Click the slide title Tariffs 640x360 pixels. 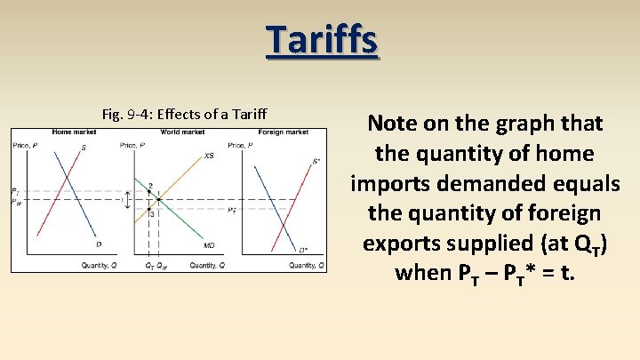tap(321, 40)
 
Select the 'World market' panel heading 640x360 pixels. tap(182, 132)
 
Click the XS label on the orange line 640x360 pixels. tap(209, 156)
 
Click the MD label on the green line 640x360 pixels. tap(209, 245)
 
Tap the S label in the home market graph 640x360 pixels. tap(84, 148)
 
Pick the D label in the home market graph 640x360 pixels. tap(98, 245)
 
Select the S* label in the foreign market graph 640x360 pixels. tap(316, 162)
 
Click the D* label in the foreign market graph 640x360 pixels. tap(304, 251)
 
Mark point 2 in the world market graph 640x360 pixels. tap(150, 186)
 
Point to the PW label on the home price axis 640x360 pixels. tap(15, 202)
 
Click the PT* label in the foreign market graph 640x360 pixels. tap(232, 211)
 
